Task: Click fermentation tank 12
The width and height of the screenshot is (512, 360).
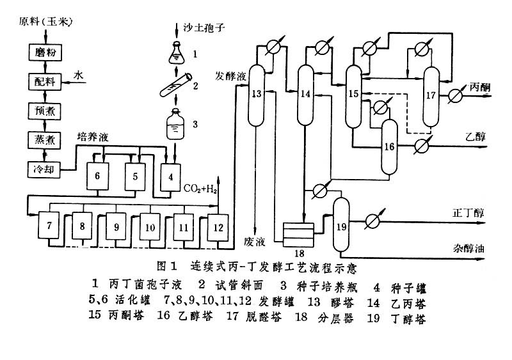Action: pyautogui.click(x=218, y=226)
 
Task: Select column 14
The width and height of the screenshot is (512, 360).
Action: pyautogui.click(x=305, y=93)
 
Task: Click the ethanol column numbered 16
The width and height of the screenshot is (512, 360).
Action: pyautogui.click(x=389, y=146)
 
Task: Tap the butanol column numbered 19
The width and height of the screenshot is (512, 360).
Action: pyautogui.click(x=340, y=226)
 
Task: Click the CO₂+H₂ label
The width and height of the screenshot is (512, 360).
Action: pyautogui.click(x=201, y=189)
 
